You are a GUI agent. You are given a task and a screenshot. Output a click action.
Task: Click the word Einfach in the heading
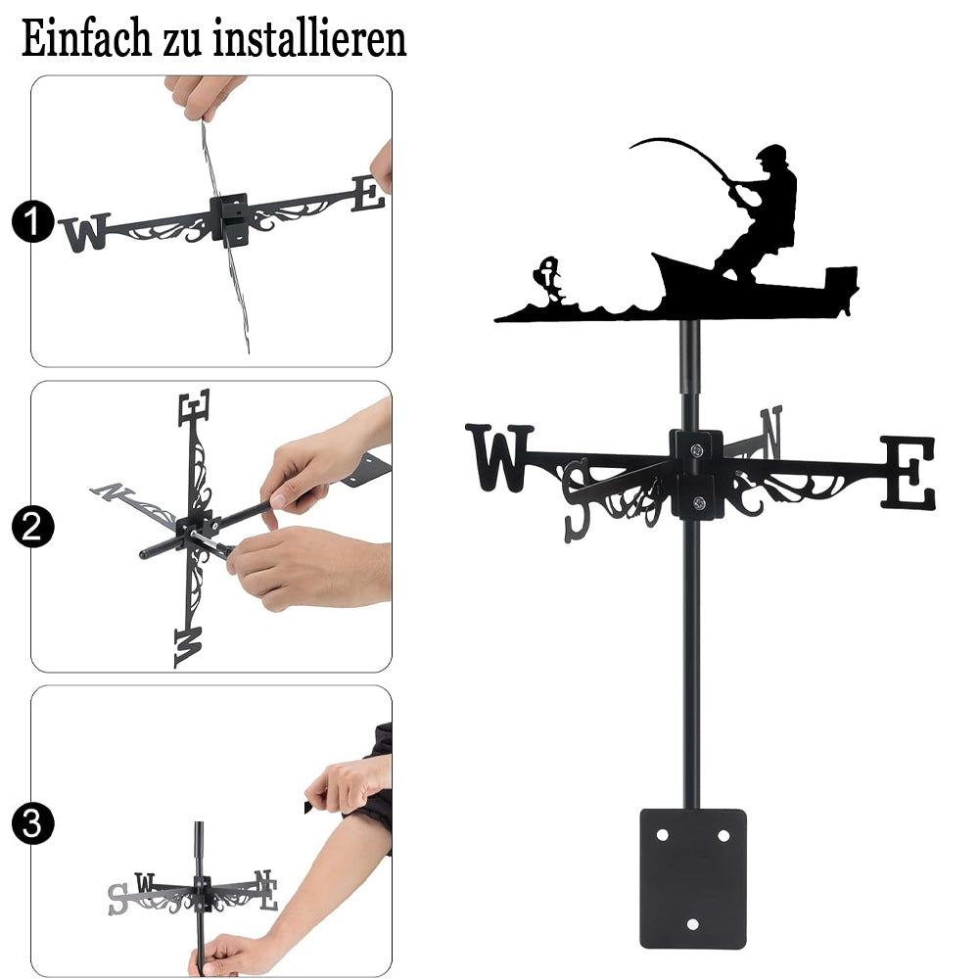86,39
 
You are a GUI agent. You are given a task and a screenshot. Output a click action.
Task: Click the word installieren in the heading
309,39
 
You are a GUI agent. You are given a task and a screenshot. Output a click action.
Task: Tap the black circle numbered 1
33,221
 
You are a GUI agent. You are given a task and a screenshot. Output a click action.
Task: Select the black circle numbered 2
33,527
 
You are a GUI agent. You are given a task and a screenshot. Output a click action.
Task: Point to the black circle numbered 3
33,823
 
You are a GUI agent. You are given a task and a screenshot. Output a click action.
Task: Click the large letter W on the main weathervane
499,456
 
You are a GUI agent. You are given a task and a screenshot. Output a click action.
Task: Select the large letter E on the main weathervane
908,473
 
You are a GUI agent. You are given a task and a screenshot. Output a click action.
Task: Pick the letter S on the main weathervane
577,499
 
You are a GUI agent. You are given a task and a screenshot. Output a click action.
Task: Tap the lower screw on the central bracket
699,502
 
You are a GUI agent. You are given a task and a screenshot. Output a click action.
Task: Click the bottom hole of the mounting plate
692,924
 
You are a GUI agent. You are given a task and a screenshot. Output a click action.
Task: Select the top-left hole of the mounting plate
662,835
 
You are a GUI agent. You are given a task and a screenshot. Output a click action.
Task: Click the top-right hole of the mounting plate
723,835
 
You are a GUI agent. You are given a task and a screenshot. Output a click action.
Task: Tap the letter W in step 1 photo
85,232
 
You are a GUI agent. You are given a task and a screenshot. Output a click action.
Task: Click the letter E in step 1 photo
368,194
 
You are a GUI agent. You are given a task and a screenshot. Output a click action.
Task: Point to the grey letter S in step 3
118,899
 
